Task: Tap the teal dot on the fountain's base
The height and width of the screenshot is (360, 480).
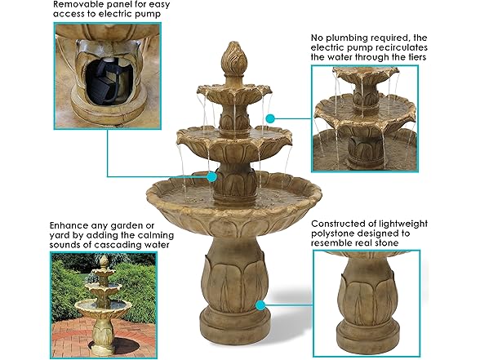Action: point(260,304)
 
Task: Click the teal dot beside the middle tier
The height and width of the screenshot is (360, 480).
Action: point(269,118)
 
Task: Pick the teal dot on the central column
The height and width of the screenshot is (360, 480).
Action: point(212,176)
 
